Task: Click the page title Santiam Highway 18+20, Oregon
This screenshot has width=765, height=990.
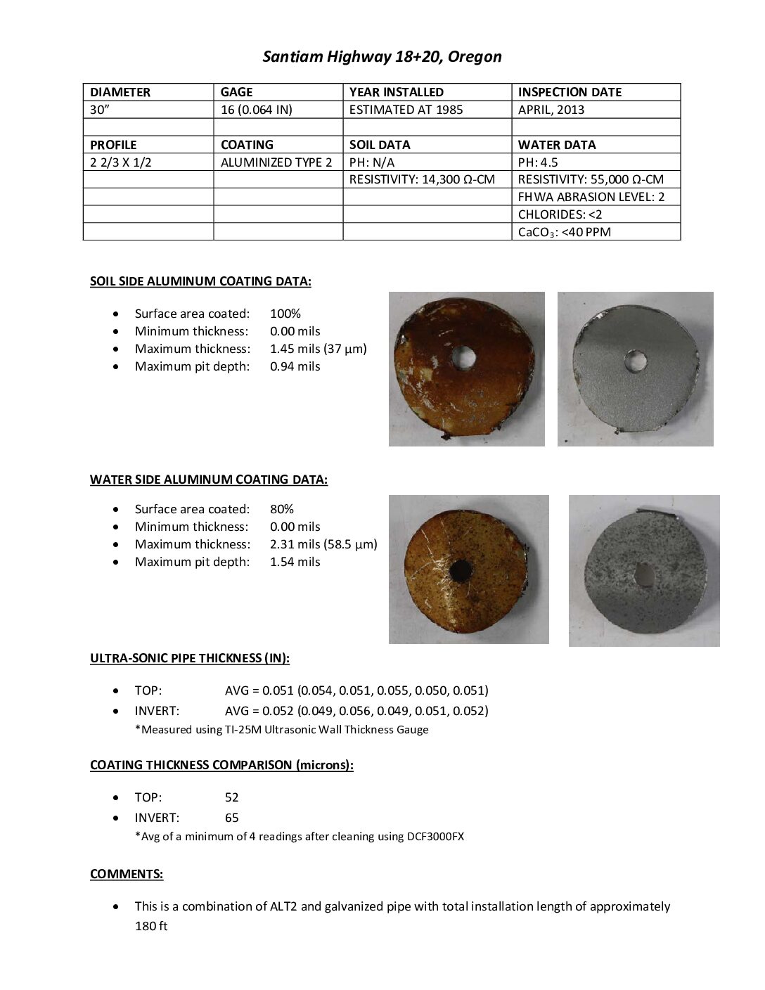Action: click(x=382, y=57)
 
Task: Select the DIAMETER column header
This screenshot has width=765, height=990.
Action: click(x=120, y=92)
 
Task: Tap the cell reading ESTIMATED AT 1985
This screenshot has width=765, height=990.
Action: click(x=406, y=110)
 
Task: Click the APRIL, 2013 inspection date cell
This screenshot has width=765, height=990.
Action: click(x=551, y=110)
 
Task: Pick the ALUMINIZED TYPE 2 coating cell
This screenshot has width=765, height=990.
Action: click(x=276, y=162)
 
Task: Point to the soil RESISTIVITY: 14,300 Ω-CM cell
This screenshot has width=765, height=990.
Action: click(x=422, y=179)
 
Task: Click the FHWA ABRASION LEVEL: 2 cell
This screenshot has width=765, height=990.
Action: click(x=591, y=197)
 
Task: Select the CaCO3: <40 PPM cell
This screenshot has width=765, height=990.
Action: click(x=565, y=232)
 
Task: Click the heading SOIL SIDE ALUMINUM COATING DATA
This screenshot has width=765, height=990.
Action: click(x=200, y=281)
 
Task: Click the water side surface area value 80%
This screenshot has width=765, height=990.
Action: click(x=282, y=509)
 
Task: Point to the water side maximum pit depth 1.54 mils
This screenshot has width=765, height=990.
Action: click(x=295, y=562)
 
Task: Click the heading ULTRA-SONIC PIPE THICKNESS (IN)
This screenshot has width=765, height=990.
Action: click(x=190, y=658)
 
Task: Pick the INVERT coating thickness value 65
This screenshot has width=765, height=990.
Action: click(x=231, y=818)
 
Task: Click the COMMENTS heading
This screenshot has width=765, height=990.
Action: click(x=127, y=874)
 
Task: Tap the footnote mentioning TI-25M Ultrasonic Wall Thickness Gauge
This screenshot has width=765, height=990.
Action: click(x=281, y=729)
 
